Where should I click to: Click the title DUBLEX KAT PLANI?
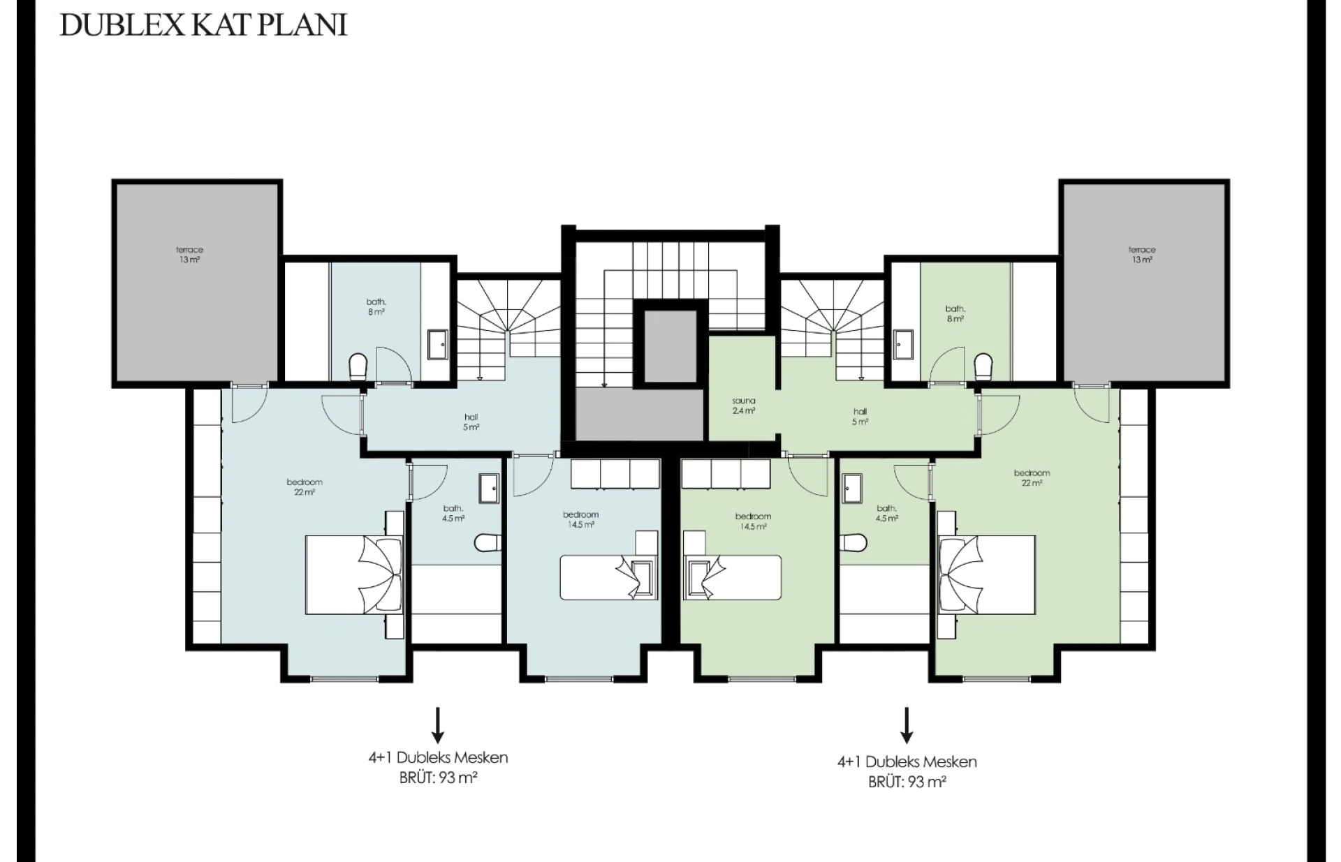[x=203, y=24]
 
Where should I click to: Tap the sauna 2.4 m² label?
[x=743, y=406]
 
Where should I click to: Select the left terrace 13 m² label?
[x=189, y=255]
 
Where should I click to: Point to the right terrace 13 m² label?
[x=1142, y=255]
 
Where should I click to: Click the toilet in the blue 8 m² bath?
[x=358, y=366]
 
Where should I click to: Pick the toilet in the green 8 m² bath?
[x=983, y=366]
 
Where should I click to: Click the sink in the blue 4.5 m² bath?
[x=489, y=488]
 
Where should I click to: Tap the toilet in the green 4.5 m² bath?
[x=854, y=542]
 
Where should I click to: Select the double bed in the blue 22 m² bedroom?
[x=354, y=574]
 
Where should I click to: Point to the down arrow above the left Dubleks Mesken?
[x=437, y=724]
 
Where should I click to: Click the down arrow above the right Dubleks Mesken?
[x=907, y=724]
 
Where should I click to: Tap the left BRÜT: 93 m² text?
[x=438, y=778]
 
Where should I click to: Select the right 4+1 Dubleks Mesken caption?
[x=907, y=761]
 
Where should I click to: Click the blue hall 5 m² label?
[x=471, y=422]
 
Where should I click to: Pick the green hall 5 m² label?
[x=860, y=417]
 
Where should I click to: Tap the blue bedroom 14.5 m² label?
[x=580, y=519]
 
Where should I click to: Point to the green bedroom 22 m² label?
[x=1032, y=477]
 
